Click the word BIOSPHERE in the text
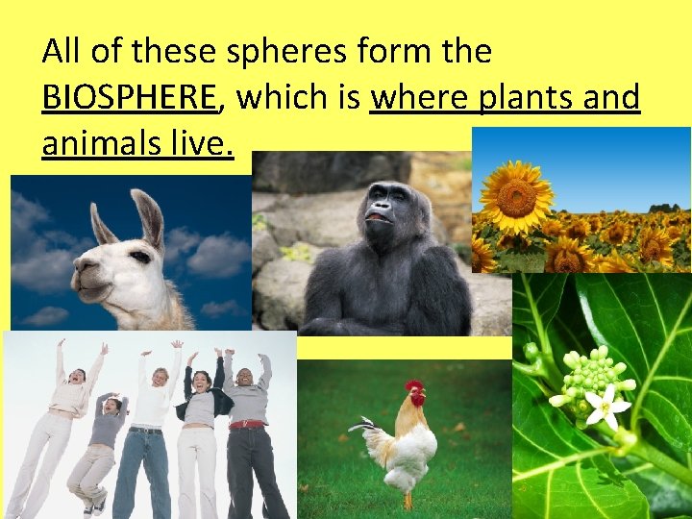[130, 97]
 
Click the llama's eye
[140, 256]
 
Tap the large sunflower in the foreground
[517, 198]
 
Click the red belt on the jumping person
[248, 423]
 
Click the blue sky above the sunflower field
[615, 163]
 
